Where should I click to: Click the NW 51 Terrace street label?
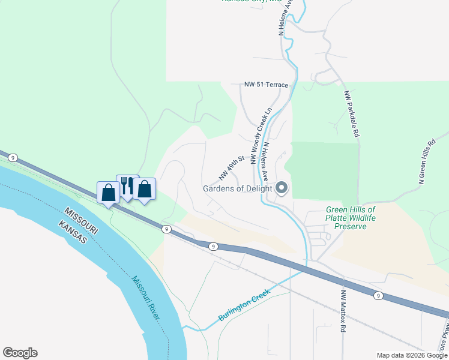click(x=266, y=85)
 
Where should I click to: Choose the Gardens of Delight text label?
click(x=237, y=188)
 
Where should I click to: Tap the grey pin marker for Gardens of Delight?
click(x=282, y=188)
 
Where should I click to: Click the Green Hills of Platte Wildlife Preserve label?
click(x=351, y=218)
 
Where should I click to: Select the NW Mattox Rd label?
click(x=344, y=311)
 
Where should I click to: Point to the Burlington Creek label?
click(x=244, y=305)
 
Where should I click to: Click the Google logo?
click(x=20, y=353)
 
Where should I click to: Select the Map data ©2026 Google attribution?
click(x=412, y=355)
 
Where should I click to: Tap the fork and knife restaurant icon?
click(x=127, y=186)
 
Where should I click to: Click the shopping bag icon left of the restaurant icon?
click(x=109, y=193)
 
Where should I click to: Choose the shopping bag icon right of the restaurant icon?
click(x=145, y=190)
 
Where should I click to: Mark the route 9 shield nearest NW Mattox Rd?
click(x=378, y=295)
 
